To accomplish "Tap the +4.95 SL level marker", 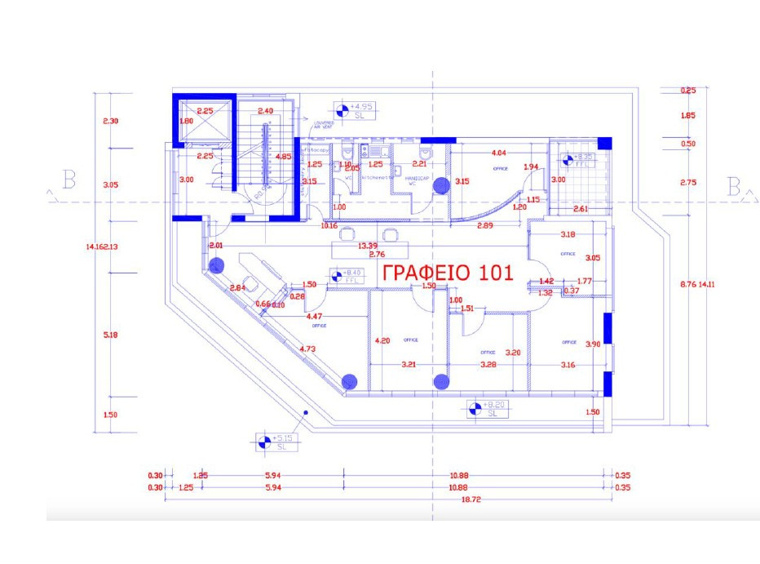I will [355, 111].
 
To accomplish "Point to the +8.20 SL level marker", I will [487, 409].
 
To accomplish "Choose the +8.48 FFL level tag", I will [346, 277].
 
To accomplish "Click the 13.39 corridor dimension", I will [368, 246].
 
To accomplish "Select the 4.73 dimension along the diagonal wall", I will [307, 349].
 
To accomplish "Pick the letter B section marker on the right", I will [733, 189].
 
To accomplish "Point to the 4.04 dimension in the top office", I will [498, 153].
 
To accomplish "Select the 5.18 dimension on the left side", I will [112, 335].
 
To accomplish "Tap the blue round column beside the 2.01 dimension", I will [216, 265].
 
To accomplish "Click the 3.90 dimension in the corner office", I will [594, 345].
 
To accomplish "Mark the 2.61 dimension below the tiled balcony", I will [581, 209].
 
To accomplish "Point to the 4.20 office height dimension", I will [382, 340].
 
